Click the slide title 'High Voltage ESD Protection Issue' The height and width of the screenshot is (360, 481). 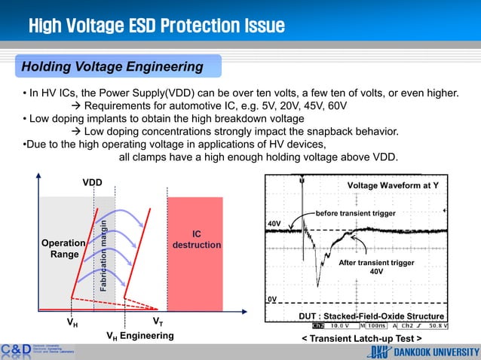point(156,27)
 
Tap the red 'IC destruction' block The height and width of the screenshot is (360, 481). point(195,239)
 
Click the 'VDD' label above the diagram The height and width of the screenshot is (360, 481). point(92,183)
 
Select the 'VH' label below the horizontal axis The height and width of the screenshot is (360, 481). point(72,322)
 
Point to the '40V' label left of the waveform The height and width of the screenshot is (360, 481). point(274,224)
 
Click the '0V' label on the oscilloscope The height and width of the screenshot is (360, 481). point(272,299)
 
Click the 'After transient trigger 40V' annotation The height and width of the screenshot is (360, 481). point(377,267)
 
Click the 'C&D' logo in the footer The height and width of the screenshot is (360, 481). point(16,349)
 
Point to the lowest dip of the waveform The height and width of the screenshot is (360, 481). point(318,285)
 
